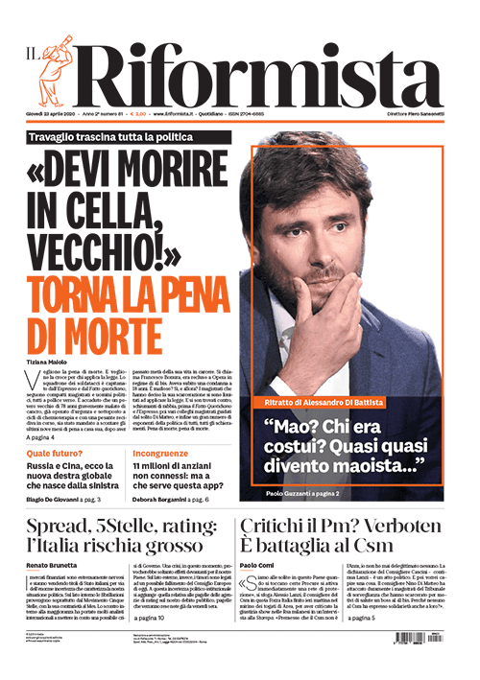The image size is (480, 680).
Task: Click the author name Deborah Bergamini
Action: (164, 500)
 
